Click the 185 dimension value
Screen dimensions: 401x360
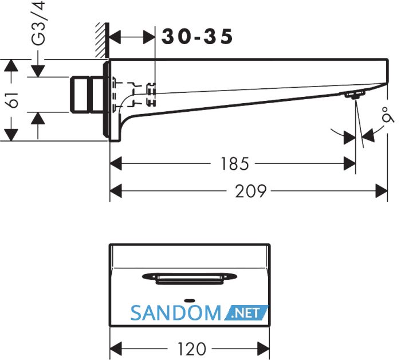tap(234, 164)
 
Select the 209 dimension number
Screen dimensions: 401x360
tap(251, 191)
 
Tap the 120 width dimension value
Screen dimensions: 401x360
tap(191, 349)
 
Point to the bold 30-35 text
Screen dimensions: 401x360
tap(197, 37)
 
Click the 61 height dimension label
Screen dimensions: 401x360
tap(12, 100)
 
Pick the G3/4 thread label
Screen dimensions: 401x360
tap(38, 23)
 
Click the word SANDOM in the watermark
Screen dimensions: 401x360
tap(176, 313)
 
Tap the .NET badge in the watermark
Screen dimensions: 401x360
tap(246, 312)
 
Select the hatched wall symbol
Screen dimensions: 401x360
tap(103, 40)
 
